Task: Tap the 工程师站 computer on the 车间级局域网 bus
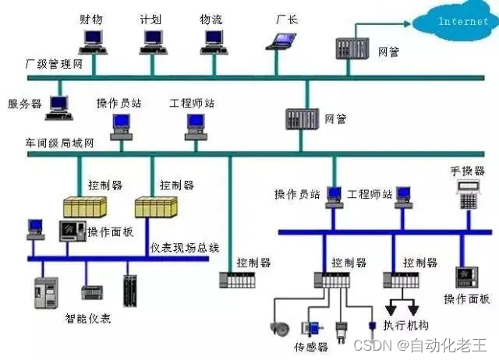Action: tap(193, 124)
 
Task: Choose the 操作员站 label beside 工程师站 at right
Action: tap(299, 193)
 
